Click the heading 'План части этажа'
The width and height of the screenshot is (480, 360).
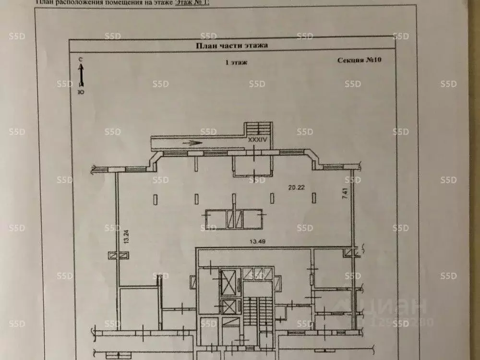231,46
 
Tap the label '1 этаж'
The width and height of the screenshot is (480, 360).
236,62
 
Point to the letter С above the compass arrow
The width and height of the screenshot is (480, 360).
81,59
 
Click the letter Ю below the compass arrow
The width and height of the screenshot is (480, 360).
81,92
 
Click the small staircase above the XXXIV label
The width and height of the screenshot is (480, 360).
259,128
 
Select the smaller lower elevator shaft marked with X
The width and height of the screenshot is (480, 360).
229,306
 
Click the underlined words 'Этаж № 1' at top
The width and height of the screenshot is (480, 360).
192,2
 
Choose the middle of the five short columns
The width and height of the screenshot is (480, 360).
234,198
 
